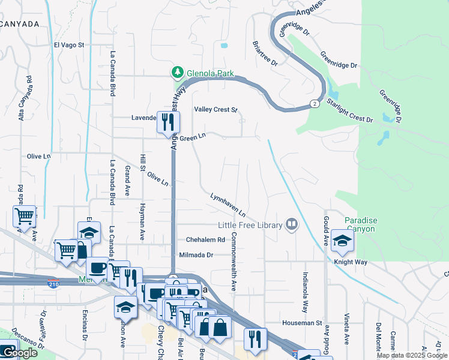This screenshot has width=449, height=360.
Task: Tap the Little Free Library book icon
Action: pyautogui.click(x=292, y=224)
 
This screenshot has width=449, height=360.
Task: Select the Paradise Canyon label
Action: pyautogui.click(x=360, y=224)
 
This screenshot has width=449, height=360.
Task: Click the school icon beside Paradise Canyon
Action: pyautogui.click(x=342, y=241)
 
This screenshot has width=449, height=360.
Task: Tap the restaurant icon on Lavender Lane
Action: pyautogui.click(x=167, y=122)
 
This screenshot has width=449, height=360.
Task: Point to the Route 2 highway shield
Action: pyautogui.click(x=314, y=104)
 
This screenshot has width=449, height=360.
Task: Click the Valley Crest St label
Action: pyautogui.click(x=216, y=110)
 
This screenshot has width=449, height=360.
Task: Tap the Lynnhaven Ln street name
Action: pyautogui.click(x=228, y=205)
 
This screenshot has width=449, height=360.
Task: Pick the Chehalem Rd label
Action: pyautogui.click(x=205, y=239)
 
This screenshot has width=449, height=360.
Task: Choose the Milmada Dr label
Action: pyautogui.click(x=196, y=255)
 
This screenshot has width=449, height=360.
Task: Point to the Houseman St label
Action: pyautogui.click(x=303, y=323)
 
